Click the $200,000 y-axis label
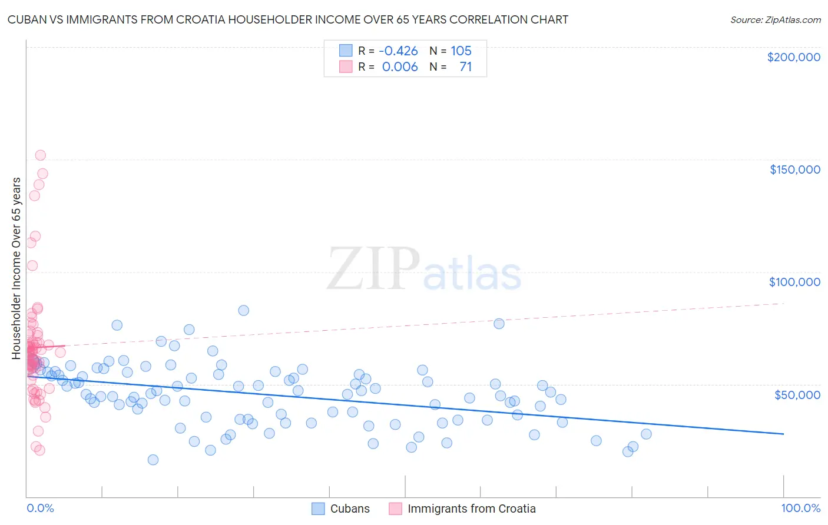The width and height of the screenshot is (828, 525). point(793,57)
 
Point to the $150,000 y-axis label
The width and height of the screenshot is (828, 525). point(794,170)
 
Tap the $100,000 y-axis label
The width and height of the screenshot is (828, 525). point(794,282)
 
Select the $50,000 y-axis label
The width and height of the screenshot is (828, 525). point(797,394)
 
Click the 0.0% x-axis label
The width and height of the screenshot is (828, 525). point(40,509)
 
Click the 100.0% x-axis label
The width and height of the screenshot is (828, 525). point(800,509)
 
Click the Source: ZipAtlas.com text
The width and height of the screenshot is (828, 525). point(775,20)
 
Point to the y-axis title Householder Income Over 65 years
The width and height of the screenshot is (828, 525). point(16,268)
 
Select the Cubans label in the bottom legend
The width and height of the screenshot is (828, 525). point(350,509)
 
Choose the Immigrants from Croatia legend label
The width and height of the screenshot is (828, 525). point(471,509)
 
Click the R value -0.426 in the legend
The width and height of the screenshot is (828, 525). point(398,51)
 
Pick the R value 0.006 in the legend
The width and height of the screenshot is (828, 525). point(400,67)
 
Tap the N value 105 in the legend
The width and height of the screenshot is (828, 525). point(461,51)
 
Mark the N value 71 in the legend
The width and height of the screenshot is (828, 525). point(465,67)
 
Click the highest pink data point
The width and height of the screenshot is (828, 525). point(40,155)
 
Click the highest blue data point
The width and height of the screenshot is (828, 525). point(243,310)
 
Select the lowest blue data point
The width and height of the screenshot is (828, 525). point(153,460)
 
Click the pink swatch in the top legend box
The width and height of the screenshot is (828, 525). point(346,67)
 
